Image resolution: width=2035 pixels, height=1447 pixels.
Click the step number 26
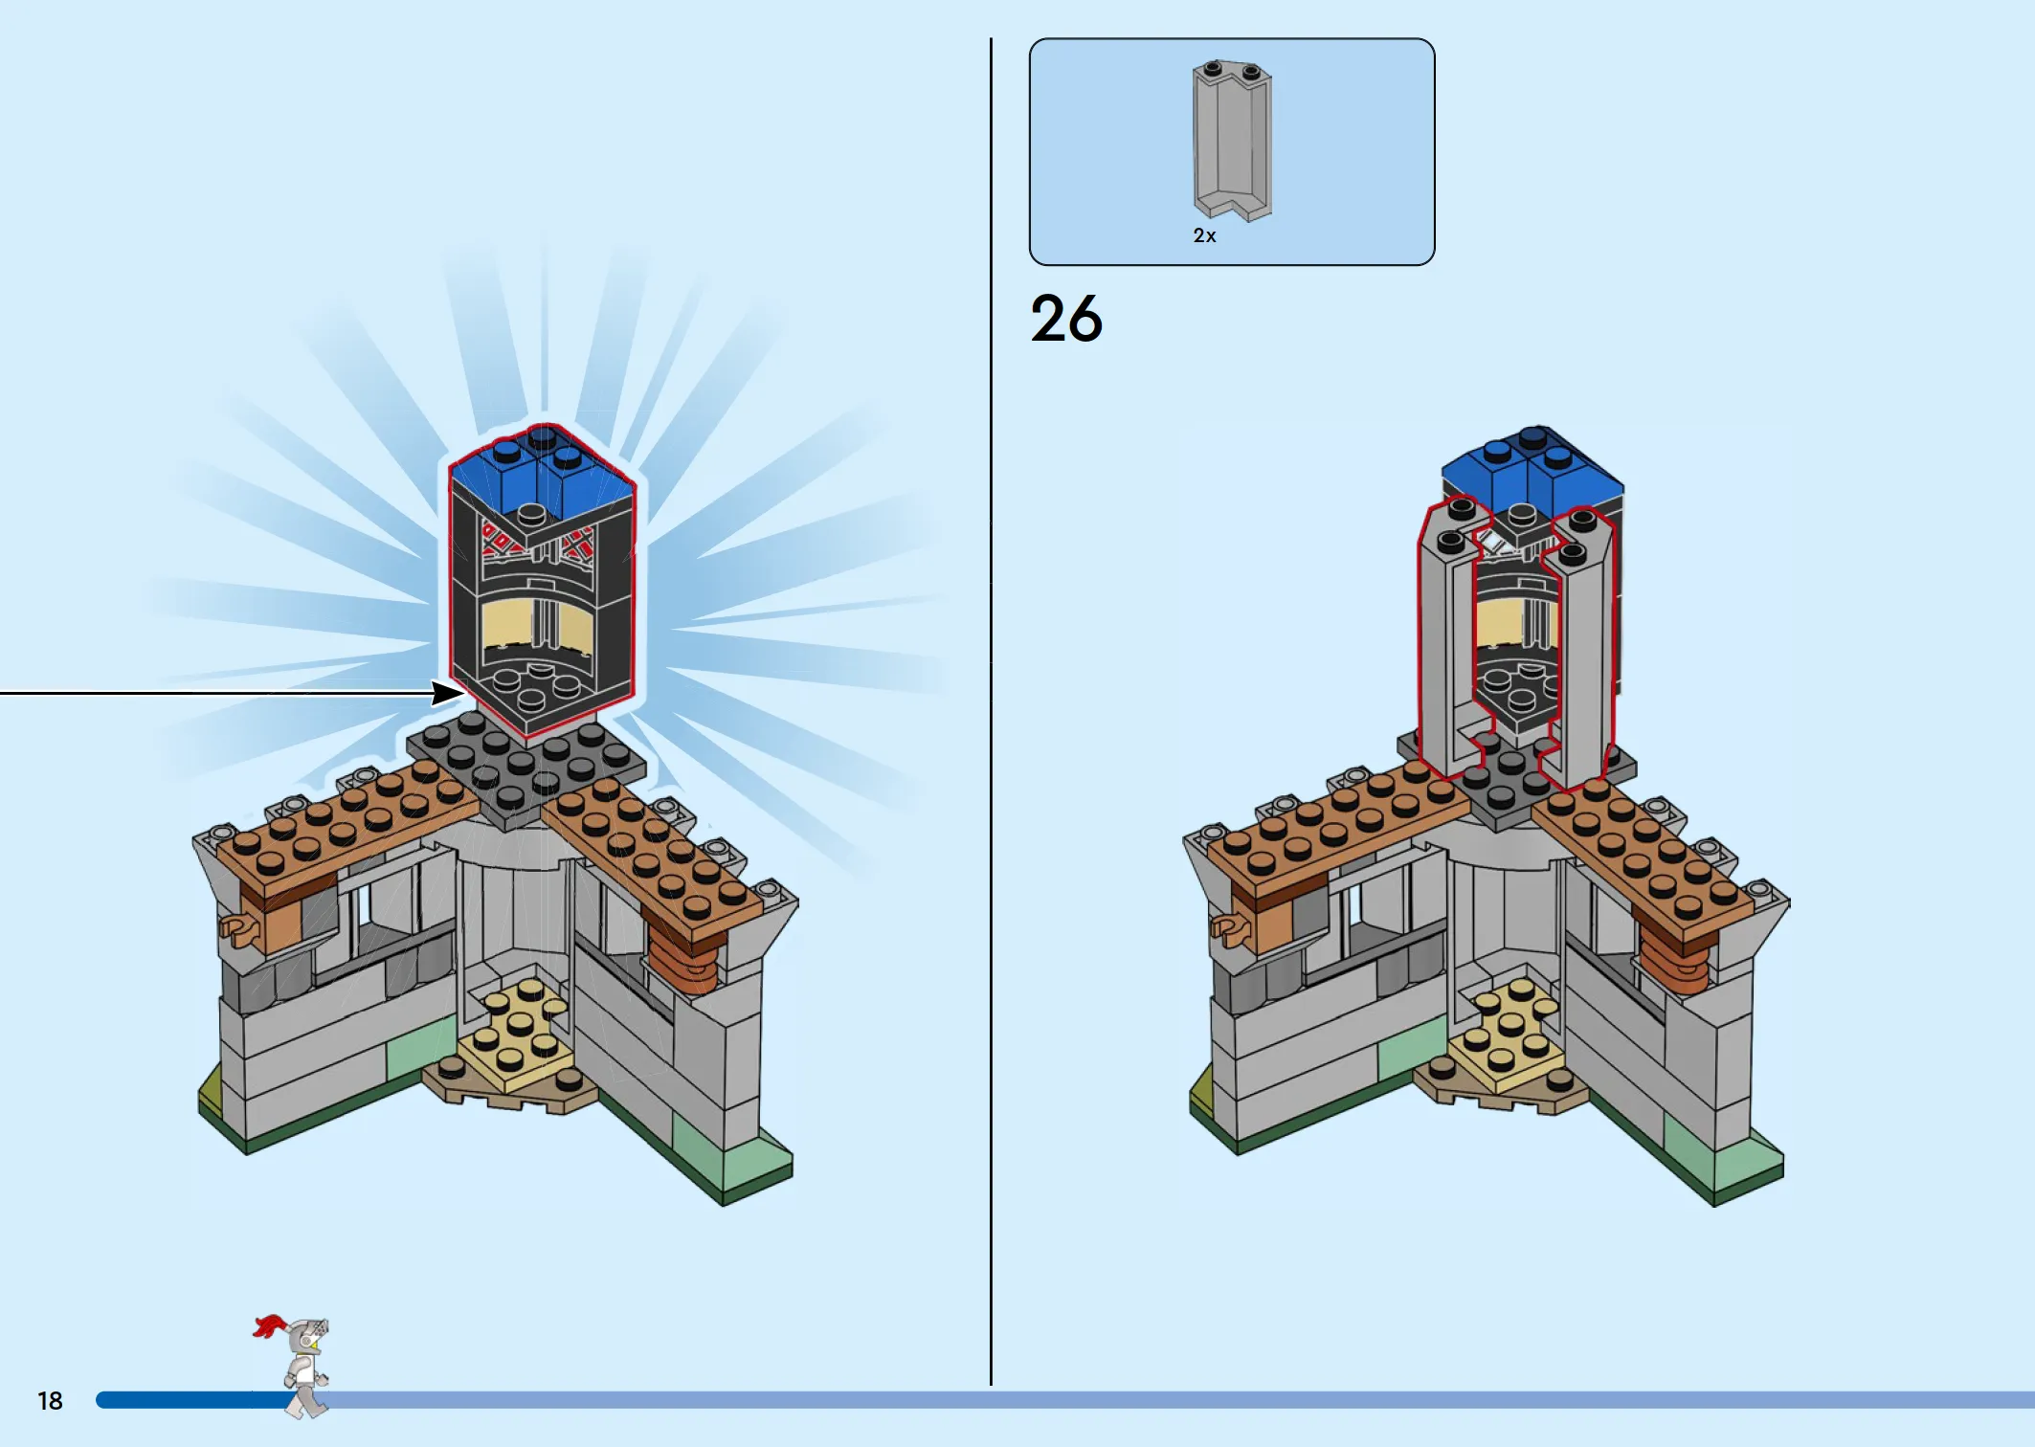click(x=1066, y=319)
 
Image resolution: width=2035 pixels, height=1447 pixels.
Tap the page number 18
click(x=50, y=1401)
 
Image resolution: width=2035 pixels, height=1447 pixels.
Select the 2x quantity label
click(x=1204, y=235)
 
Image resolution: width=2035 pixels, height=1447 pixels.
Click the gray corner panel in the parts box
click(x=1232, y=140)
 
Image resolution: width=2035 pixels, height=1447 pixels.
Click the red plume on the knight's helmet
click(x=270, y=1325)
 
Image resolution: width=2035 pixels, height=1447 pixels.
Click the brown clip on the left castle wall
click(x=240, y=927)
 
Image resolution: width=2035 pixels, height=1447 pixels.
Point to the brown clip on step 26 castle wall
click(x=1231, y=928)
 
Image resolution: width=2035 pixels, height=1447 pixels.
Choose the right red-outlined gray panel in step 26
click(x=1579, y=651)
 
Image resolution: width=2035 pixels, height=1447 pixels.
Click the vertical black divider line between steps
click(x=991, y=712)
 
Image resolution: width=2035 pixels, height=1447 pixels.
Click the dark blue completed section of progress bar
click(x=196, y=1400)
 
